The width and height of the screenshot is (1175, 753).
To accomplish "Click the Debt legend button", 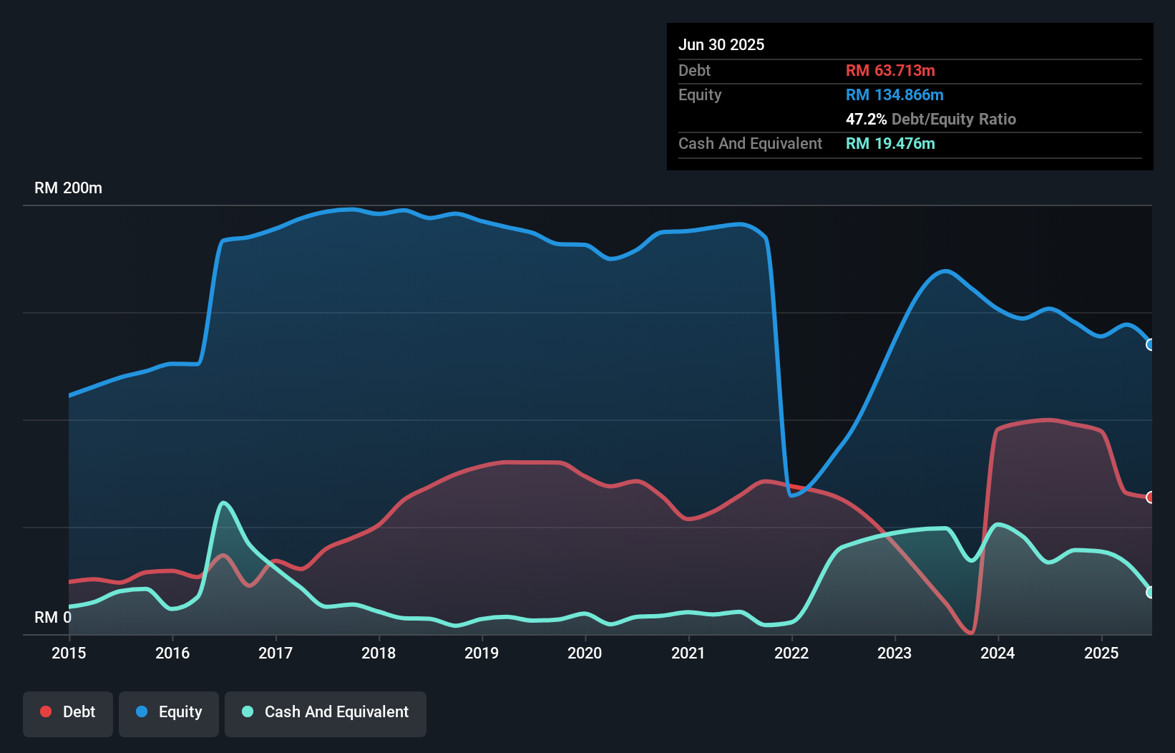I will click(x=68, y=712).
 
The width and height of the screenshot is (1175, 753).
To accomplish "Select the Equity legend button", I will click(x=169, y=712).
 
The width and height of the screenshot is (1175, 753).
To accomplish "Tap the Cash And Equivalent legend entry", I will click(x=326, y=712).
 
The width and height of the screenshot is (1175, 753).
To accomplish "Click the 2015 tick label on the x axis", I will click(x=69, y=653).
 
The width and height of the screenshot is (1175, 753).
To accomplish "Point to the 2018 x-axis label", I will click(x=379, y=653).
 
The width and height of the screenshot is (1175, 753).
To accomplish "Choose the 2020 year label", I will click(x=585, y=653).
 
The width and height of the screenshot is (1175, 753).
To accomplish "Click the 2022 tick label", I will click(x=791, y=653).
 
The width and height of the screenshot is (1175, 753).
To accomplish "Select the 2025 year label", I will click(x=1101, y=653).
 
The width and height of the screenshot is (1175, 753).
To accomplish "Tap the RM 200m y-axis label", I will click(x=68, y=188).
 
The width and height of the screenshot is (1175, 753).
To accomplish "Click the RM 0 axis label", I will click(x=53, y=617).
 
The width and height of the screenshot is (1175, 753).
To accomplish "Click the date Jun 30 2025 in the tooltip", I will click(x=721, y=44).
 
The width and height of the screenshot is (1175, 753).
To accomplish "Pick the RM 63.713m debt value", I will click(x=890, y=70).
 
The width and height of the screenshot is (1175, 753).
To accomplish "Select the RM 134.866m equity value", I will click(x=894, y=94).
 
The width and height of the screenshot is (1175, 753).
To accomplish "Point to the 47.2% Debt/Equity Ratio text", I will click(x=930, y=119).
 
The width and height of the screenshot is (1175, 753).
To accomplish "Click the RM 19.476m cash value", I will click(x=890, y=143).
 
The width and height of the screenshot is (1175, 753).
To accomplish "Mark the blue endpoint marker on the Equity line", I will click(x=1151, y=345).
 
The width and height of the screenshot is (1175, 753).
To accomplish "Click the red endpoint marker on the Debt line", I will click(x=1151, y=497).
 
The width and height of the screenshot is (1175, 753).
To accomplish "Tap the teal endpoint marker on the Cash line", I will click(x=1151, y=592).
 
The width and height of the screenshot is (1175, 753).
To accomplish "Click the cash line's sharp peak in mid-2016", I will click(x=224, y=502).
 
